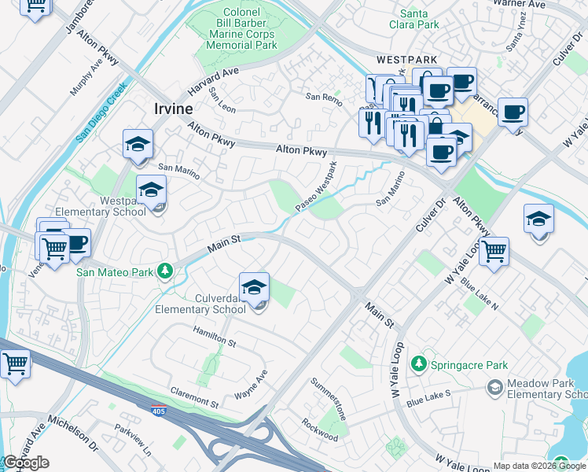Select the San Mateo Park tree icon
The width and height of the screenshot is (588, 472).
point(164,271)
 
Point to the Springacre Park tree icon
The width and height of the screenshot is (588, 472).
point(420,364)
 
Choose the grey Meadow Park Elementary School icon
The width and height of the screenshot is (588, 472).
point(494,387)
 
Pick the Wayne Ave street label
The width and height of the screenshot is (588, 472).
point(252,385)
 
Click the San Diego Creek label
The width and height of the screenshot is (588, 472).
point(101,113)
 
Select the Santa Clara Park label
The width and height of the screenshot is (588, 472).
point(419,19)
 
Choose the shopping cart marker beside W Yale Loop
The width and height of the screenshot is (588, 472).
point(494,252)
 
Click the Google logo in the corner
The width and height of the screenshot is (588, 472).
point(26,463)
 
